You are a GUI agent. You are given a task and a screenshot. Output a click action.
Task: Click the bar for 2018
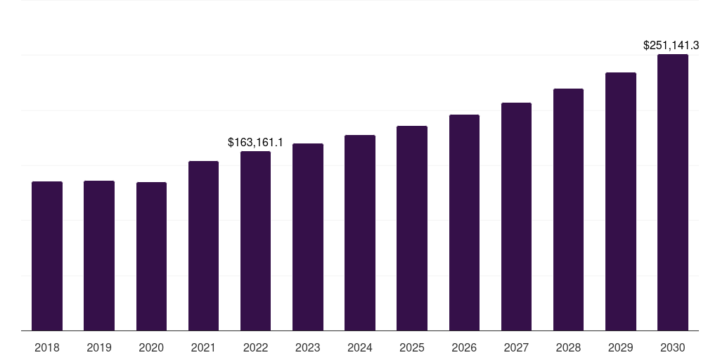(x=47, y=256)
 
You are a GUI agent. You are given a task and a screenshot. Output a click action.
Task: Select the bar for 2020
(x=151, y=257)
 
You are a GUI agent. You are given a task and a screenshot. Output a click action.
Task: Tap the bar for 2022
(x=255, y=241)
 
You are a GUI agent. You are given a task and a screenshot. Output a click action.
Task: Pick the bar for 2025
(x=412, y=229)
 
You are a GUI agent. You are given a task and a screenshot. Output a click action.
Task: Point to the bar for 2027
(x=516, y=217)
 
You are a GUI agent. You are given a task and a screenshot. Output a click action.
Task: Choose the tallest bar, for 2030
(x=673, y=193)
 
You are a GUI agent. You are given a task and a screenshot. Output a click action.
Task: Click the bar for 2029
(x=621, y=202)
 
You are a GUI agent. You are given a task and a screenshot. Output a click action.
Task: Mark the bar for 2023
(x=308, y=237)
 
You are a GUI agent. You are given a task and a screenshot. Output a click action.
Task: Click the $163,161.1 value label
(x=255, y=143)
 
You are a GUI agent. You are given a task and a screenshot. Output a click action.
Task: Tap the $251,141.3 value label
(x=671, y=46)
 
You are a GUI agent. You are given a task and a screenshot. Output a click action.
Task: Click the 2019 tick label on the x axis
(x=99, y=347)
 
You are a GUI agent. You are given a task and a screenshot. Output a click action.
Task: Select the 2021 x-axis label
(x=203, y=347)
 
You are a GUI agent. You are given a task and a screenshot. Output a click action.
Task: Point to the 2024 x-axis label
(x=360, y=347)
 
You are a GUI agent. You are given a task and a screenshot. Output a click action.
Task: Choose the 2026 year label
(x=464, y=347)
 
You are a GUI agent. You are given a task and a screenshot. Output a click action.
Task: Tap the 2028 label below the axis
(x=568, y=347)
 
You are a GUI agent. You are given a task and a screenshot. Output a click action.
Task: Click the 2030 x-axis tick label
(x=673, y=347)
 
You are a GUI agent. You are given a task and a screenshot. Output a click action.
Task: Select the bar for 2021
(x=203, y=246)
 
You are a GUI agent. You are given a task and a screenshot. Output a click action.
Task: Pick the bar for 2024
(x=360, y=233)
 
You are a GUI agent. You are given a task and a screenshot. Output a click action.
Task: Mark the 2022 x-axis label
(x=255, y=347)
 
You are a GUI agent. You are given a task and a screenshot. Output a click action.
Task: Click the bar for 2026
(x=464, y=223)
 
